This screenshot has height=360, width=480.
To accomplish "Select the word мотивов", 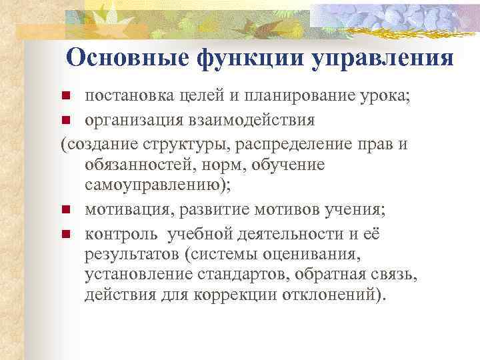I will (x=291, y=209).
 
